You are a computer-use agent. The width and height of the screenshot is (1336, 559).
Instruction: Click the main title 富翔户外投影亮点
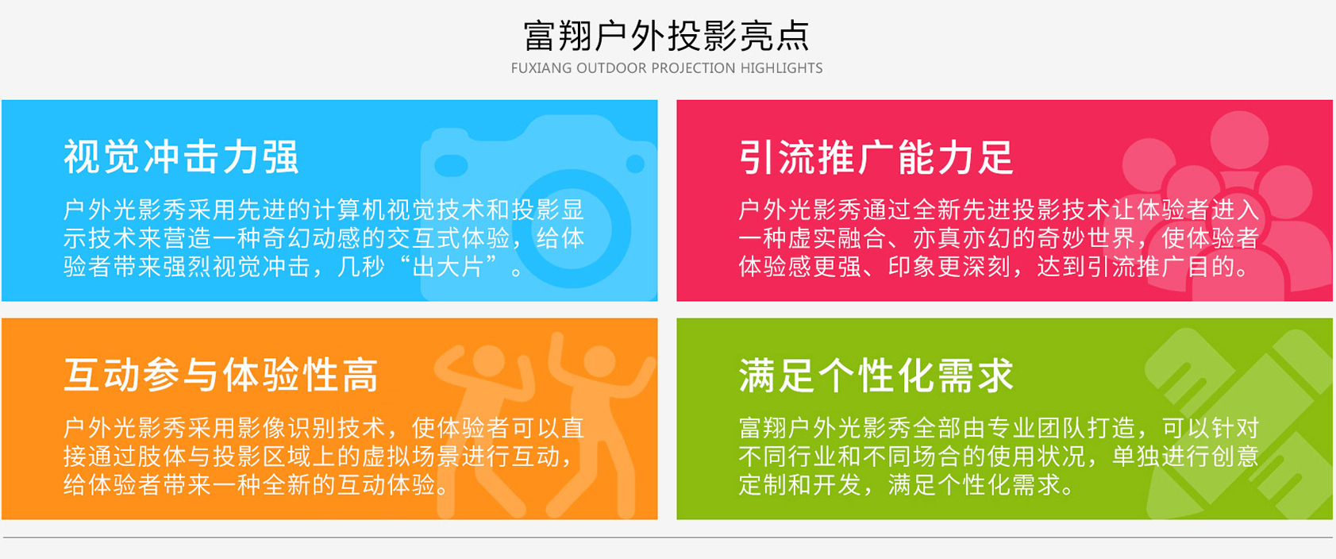click(666, 36)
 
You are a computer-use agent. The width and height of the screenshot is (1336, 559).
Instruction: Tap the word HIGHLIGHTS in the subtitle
click(781, 68)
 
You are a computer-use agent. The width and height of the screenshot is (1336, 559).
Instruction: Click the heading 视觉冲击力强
click(181, 157)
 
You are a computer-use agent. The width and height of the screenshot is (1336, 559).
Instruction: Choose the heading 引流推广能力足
click(876, 157)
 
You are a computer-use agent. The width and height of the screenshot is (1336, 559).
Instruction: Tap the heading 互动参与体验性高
click(221, 376)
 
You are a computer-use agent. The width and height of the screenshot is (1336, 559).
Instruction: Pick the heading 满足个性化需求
click(876, 376)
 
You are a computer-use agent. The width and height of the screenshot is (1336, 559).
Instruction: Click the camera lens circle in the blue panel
click(571, 229)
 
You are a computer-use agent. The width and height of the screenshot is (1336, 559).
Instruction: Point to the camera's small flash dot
click(635, 164)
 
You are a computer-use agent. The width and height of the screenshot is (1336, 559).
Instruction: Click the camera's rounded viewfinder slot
click(451, 165)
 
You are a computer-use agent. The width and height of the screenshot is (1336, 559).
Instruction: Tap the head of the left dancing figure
click(488, 360)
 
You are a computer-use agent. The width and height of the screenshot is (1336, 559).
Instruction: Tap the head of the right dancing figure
click(599, 361)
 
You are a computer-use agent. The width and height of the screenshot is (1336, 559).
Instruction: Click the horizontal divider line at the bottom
click(668, 538)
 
